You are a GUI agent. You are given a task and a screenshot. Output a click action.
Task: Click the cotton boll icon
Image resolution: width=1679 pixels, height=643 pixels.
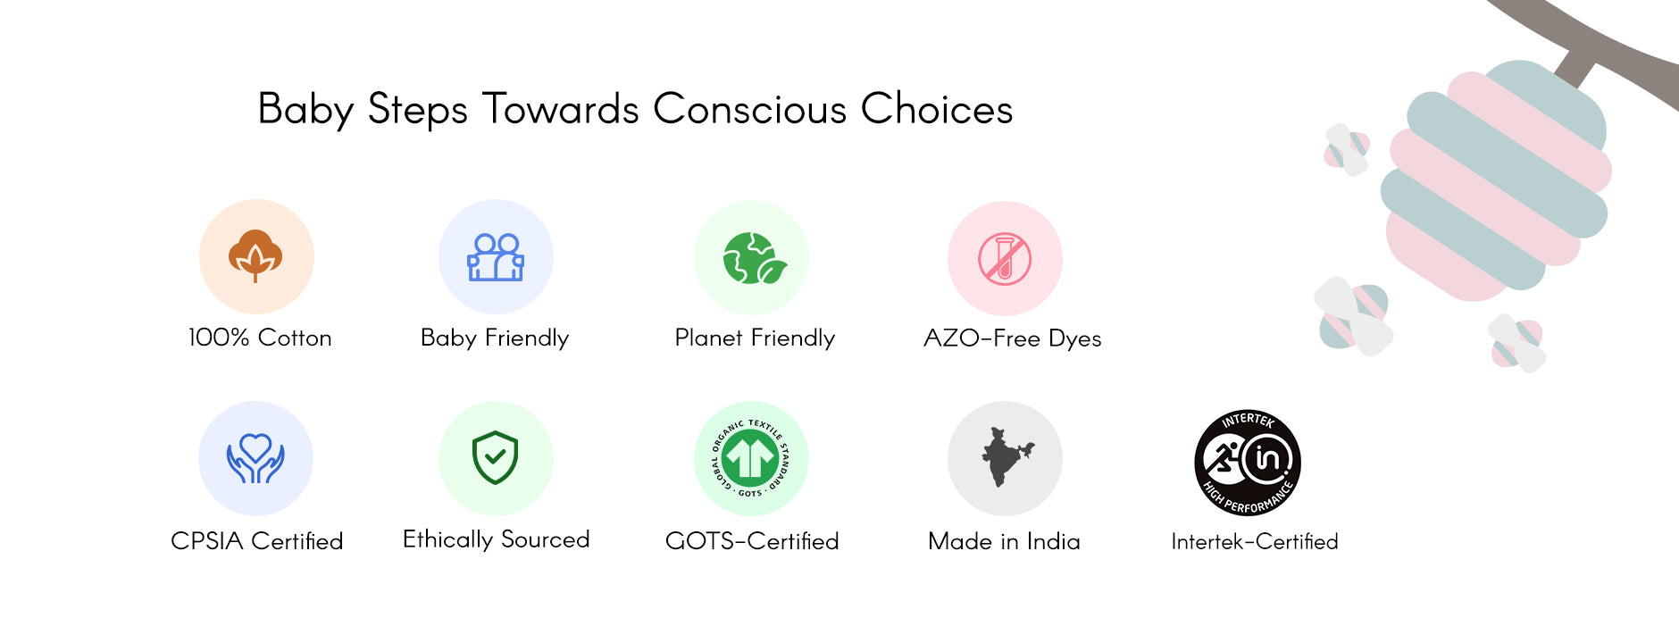tap(255, 256)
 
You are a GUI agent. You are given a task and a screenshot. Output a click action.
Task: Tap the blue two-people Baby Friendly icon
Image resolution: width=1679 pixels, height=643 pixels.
tap(496, 257)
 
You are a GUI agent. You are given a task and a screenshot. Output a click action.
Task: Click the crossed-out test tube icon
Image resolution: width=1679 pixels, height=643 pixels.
tap(1005, 258)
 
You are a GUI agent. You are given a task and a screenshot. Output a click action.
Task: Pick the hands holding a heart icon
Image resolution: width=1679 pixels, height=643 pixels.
tap(255, 458)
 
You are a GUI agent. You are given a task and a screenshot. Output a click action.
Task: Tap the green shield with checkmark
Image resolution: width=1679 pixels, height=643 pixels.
tap(496, 457)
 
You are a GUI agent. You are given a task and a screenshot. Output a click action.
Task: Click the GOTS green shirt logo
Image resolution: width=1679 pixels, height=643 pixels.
tap(751, 458)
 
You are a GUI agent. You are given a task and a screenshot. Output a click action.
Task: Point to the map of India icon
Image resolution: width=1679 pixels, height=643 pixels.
tap(1006, 456)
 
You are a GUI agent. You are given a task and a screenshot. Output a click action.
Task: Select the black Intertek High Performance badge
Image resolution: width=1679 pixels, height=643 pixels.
tap(1248, 463)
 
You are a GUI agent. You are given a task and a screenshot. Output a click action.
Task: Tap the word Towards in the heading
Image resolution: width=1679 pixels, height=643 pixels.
tap(561, 109)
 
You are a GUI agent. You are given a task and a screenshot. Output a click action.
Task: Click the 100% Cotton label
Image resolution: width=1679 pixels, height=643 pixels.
tap(260, 338)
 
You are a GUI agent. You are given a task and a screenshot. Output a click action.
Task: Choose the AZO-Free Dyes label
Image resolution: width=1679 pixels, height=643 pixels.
tap(1012, 338)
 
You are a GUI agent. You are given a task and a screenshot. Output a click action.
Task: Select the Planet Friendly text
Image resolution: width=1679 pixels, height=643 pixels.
tap(755, 338)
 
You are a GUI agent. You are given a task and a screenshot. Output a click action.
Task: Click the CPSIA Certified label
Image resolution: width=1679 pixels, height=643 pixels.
tap(256, 540)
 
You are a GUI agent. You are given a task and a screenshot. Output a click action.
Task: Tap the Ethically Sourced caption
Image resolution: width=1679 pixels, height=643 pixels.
tap(496, 539)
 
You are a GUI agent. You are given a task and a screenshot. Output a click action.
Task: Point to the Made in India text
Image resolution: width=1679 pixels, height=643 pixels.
tap(1004, 540)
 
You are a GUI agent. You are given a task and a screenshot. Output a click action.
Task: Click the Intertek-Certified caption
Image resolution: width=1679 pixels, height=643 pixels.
tap(1254, 541)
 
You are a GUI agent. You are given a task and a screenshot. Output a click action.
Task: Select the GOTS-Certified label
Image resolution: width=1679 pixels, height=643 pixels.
tap(752, 540)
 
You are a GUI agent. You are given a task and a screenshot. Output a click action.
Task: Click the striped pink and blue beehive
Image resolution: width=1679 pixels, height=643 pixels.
tap(1497, 179)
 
